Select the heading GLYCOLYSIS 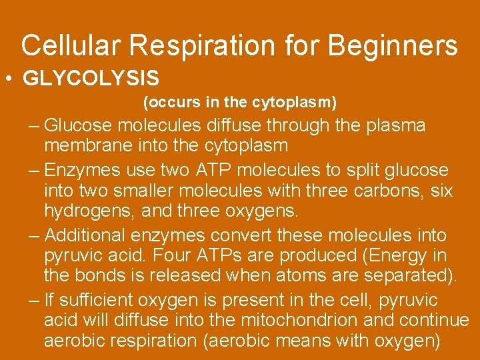click(x=91, y=79)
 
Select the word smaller click(x=152, y=191)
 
